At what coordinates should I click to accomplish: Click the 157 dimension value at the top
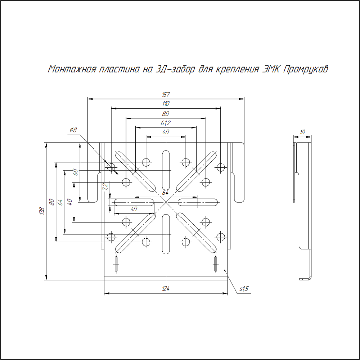pos(166,95)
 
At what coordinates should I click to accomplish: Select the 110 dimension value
pos(166,104)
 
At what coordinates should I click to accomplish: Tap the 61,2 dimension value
pos(166,123)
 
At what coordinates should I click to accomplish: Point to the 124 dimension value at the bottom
pos(166,289)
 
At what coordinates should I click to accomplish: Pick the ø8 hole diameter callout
pos(73,130)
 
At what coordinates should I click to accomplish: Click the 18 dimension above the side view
pos(302,132)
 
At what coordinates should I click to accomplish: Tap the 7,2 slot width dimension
pos(105,187)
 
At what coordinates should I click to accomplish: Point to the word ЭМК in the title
pos(270,69)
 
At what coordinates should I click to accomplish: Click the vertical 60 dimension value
pos(76,172)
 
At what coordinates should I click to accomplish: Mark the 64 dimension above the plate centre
pos(165,193)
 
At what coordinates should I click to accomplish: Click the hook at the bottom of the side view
pos(305,278)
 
